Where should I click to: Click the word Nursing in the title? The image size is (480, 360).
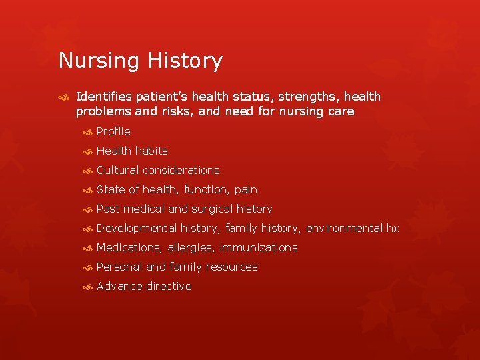click(98, 61)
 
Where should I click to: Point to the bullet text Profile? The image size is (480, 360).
click(113, 131)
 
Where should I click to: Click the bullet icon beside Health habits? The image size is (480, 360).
click(87, 151)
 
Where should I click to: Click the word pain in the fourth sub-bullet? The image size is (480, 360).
click(245, 190)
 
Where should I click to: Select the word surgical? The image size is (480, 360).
click(212, 209)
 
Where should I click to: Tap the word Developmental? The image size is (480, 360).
click(137, 228)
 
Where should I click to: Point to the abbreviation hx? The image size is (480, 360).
click(392, 228)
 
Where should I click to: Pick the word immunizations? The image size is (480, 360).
click(259, 247)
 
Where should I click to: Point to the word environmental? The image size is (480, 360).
click(344, 228)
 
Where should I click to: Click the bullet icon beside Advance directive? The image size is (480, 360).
click(87, 287)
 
